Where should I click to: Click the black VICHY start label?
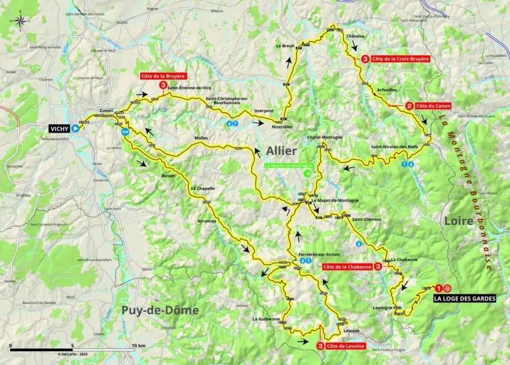point(60,129)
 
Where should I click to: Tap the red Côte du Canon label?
point(433,106)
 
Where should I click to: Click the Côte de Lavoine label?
point(345,346)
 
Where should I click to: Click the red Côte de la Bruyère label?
point(163,76)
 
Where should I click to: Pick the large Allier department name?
point(282,151)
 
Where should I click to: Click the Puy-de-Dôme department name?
point(160,310)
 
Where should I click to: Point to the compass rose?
point(20,21)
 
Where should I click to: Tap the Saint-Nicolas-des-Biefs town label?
point(393,147)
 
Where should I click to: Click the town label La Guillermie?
point(266,319)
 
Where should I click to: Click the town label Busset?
point(168,175)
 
